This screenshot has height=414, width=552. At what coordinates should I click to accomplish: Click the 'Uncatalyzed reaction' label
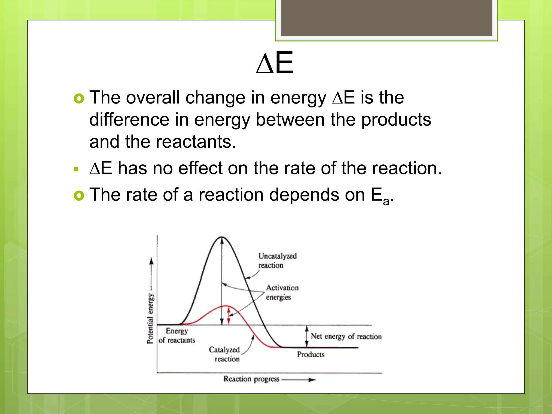coord(277,260)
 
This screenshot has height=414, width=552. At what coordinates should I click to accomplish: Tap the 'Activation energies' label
coord(282,292)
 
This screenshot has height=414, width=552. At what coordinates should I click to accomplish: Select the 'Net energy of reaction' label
coord(346,336)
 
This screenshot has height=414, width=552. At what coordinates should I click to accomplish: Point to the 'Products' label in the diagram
coord(310,354)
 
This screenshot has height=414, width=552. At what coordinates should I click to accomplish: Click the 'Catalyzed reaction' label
coord(225,354)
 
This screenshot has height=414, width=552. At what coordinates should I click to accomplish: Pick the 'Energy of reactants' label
coord(177,336)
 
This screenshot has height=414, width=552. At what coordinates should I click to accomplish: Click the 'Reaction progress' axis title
coord(251,379)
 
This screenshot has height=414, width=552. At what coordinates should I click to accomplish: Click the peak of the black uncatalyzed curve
coord(222,237)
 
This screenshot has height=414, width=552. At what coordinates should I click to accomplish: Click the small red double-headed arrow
coord(229,315)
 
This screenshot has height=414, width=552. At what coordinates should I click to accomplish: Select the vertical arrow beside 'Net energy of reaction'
coord(306,336)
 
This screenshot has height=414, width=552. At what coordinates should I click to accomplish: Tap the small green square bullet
coord(76,170)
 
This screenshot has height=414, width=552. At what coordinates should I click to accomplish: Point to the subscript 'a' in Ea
coord(386,201)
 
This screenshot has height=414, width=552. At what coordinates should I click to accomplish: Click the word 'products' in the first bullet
coord(396,120)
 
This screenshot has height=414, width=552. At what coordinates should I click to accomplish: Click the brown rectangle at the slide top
coord(386,18)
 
